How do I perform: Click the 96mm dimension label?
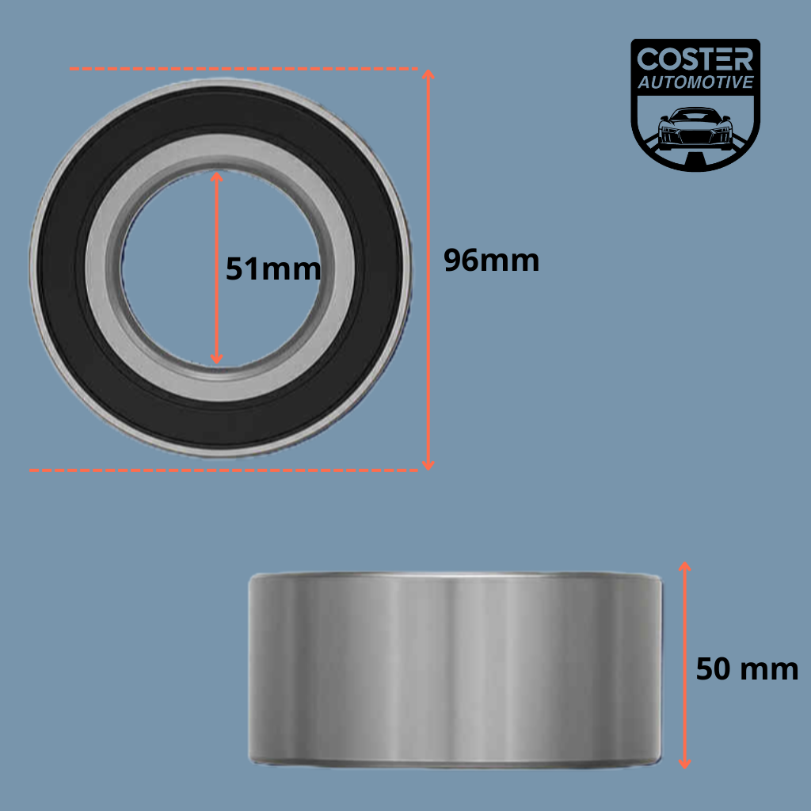pos(491,261)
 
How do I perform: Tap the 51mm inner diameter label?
pos(273,269)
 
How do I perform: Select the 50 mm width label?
pos(747,669)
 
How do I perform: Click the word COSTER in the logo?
pos(695,59)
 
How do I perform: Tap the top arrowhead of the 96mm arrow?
pos(428,74)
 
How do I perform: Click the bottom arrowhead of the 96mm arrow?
pos(428,465)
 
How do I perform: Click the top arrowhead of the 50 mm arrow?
pos(685,566)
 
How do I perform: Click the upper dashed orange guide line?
pos(238,70)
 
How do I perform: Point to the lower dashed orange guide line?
pos(222,470)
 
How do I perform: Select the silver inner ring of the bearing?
pos(103,269)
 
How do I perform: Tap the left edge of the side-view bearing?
pos(250,669)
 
